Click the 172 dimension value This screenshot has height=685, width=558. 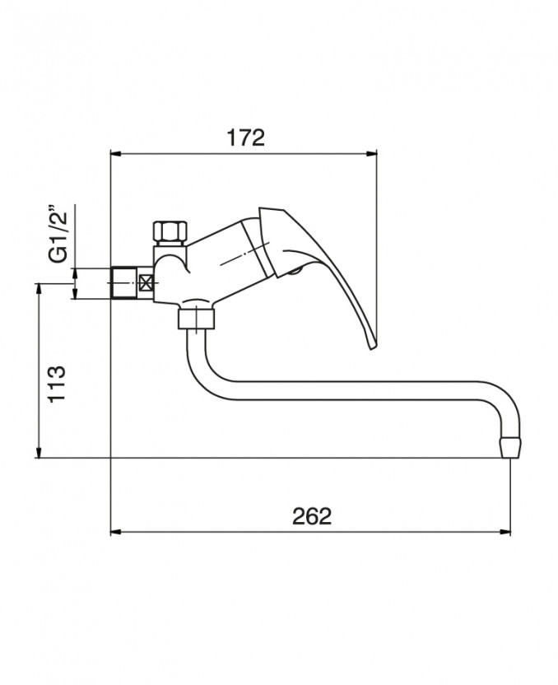245,137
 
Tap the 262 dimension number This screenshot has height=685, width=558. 312,516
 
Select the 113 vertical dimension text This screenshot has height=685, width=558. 57,383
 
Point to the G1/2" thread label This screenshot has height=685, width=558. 58,234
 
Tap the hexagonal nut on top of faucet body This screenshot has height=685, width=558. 170,232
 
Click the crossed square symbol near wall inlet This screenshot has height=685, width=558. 146,282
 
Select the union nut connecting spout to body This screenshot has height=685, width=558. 197,318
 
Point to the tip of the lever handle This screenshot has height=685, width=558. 372,347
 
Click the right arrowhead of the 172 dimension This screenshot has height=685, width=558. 373,153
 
